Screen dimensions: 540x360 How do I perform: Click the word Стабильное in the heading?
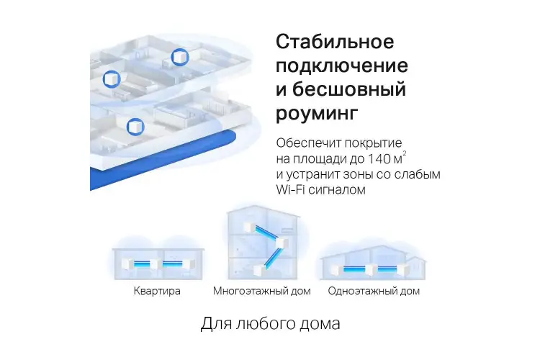tap(335, 42)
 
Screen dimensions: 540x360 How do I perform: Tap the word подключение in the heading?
tap(341, 66)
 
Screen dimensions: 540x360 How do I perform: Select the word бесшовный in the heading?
tap(349, 89)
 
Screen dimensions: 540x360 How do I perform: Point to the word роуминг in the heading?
tap(317, 113)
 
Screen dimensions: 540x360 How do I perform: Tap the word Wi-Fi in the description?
tap(290, 189)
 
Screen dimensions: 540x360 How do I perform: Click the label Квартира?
tap(157, 291)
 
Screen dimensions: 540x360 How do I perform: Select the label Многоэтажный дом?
tap(262, 291)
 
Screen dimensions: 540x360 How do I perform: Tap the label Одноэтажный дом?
tap(374, 291)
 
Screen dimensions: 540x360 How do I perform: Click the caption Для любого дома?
tap(270, 323)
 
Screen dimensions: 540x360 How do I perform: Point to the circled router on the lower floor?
tap(135, 127)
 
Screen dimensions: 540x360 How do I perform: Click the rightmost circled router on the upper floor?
tap(180, 57)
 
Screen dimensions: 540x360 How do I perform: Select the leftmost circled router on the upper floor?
tap(112, 79)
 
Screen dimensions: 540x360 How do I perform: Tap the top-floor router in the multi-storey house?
tap(249, 227)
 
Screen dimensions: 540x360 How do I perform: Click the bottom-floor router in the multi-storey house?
tap(259, 270)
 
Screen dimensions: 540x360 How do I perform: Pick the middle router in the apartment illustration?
tap(156, 264)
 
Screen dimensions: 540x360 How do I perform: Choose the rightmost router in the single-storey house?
tap(402, 269)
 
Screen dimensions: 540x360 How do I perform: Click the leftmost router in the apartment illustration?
tap(127, 264)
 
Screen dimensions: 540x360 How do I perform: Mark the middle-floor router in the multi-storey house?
tap(282, 243)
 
